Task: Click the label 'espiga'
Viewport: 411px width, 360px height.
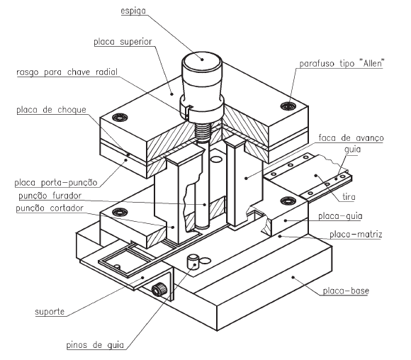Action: click(133, 11)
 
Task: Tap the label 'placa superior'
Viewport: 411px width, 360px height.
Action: click(123, 42)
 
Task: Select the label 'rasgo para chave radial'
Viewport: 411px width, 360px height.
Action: click(67, 72)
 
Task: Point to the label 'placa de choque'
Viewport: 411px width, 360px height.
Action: click(51, 110)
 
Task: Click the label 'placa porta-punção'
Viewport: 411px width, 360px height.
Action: click(56, 183)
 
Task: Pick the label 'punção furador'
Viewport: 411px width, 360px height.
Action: click(50, 196)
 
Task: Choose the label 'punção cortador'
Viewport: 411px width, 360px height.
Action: click(50, 208)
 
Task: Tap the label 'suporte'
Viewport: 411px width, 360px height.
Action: click(50, 312)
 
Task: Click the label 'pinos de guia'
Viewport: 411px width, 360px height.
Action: click(95, 345)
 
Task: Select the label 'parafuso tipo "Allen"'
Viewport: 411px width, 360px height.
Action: click(342, 64)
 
